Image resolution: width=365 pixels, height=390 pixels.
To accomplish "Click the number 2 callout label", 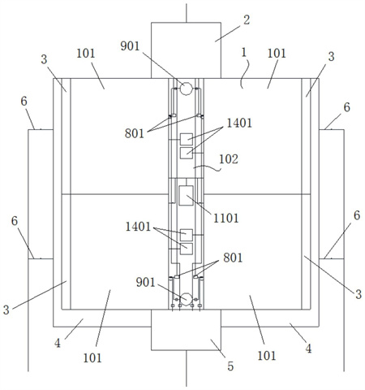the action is (x=247, y=20).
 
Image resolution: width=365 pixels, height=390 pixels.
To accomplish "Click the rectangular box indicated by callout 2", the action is (x=186, y=50).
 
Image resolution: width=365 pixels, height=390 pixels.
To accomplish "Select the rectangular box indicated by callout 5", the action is (x=186, y=330).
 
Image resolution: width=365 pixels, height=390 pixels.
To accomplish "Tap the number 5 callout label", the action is (x=230, y=366).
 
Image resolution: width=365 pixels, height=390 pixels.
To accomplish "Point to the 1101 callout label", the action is (x=226, y=218).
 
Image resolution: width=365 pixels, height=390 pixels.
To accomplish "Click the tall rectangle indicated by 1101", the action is (x=186, y=195).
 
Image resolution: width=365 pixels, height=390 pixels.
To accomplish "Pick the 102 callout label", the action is (x=229, y=159).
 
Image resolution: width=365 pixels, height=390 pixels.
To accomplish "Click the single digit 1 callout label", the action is (x=244, y=53).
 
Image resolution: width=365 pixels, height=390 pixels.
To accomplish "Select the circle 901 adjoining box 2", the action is (x=186, y=89).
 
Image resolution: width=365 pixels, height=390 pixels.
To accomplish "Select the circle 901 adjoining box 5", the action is (x=186, y=299).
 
